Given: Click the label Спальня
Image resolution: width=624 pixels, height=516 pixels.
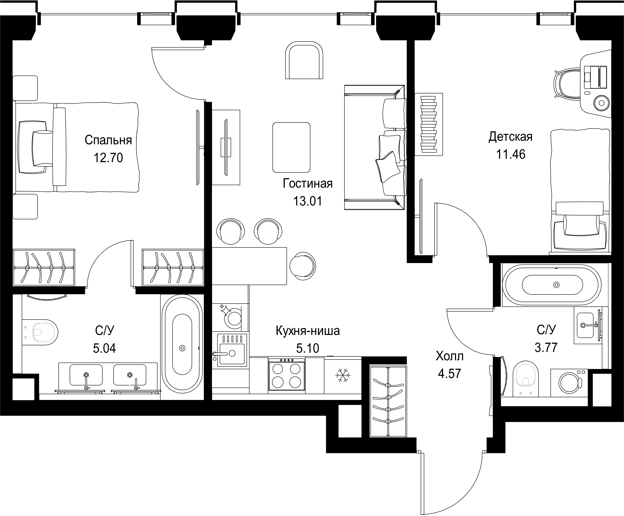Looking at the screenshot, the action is tap(108, 140).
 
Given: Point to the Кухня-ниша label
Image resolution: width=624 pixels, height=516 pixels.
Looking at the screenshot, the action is tap(308, 330).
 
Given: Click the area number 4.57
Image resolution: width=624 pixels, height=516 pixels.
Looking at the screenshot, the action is tap(449, 373).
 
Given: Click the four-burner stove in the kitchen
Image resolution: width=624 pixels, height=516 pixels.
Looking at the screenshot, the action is tap(286, 374).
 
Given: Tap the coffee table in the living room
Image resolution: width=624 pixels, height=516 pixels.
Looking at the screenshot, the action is tap(291, 148).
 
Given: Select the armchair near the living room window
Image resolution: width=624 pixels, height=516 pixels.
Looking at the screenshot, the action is tap(304, 60).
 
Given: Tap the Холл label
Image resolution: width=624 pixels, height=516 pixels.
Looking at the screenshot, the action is tap(449, 356).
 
